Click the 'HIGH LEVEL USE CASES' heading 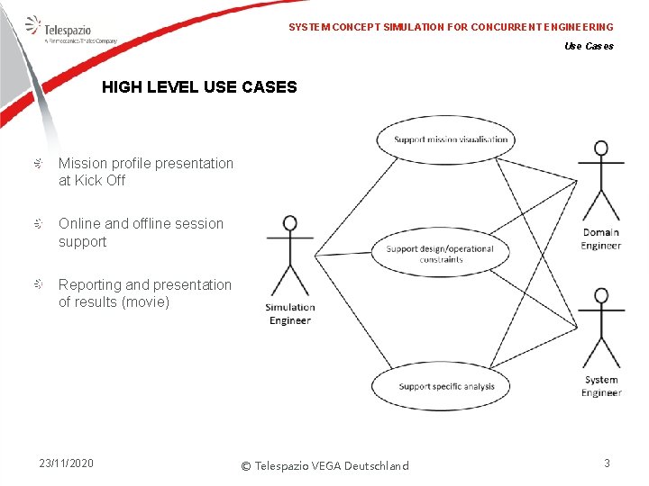click(x=199, y=87)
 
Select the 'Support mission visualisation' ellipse click(x=451, y=139)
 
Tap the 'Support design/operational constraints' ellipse click(x=441, y=248)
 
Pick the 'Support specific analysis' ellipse click(x=446, y=385)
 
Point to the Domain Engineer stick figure click(x=600, y=181)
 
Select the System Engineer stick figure click(x=600, y=327)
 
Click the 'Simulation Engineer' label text click(x=290, y=313)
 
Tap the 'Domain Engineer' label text click(x=600, y=238)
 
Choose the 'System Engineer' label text click(x=600, y=386)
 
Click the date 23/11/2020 click(x=66, y=463)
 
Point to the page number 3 click(x=607, y=463)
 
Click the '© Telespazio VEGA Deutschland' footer click(x=324, y=465)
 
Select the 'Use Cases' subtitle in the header click(x=589, y=46)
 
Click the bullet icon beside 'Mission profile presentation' click(x=39, y=163)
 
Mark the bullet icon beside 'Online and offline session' click(x=39, y=223)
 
